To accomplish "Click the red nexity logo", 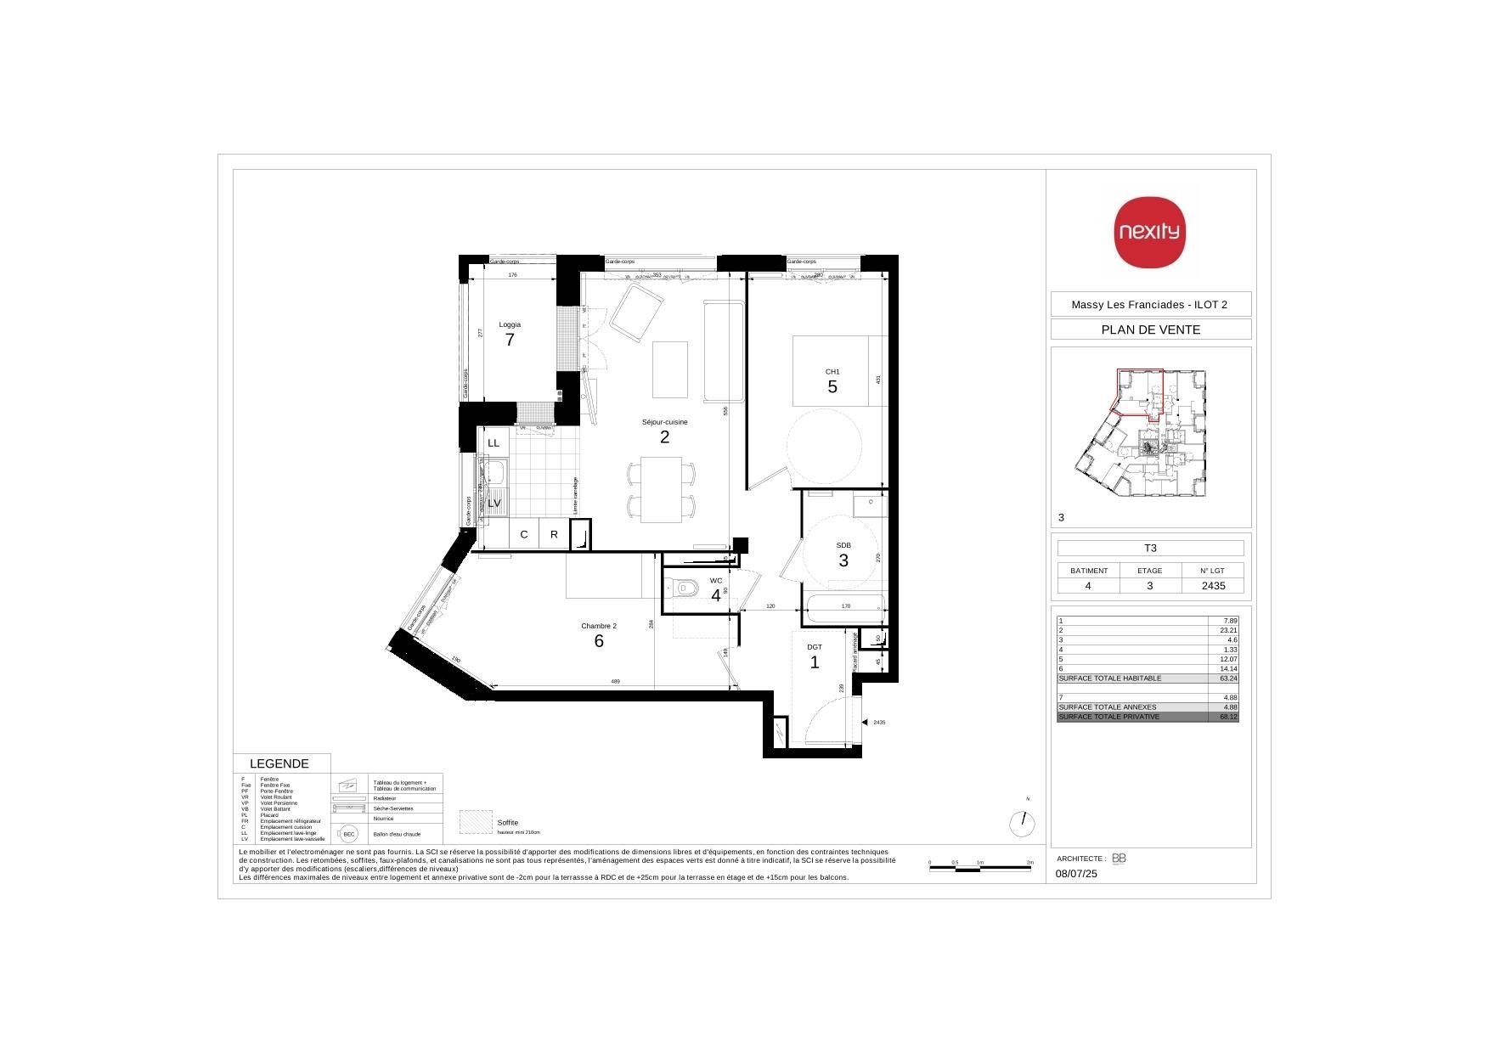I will [1149, 232].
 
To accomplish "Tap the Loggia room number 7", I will [510, 340].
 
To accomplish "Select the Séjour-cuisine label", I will [664, 422].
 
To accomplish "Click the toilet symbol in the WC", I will [683, 586].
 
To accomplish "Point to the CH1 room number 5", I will [832, 386].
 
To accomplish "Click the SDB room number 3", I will [843, 560].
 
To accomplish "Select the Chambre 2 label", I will [599, 626].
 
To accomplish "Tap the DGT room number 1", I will [815, 662].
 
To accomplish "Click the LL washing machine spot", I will [494, 443].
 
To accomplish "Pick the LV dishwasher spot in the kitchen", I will [494, 503].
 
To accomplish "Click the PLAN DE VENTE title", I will [1150, 329].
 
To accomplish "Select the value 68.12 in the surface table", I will [1228, 717].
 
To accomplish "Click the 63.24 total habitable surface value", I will [1228, 679].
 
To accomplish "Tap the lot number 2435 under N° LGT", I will [1212, 585].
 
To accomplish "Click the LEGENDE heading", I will [279, 763].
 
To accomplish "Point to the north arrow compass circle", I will [1023, 823].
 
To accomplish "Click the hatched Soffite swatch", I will [476, 822].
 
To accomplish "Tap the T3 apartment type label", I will [1150, 548].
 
